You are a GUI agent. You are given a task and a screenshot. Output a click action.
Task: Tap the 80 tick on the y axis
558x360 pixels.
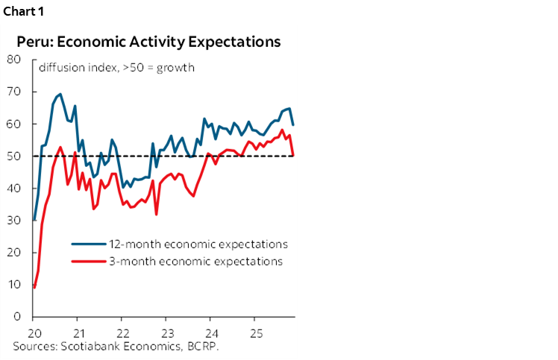[x=15, y=60]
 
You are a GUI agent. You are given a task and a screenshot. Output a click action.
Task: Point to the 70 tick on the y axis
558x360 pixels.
[x=15, y=92]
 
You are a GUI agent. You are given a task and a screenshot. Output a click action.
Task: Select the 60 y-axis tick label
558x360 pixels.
[x=15, y=124]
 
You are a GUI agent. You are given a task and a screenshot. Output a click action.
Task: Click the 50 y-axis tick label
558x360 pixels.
[x=15, y=156]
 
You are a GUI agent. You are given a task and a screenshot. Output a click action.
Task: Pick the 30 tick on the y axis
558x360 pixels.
[x=15, y=220]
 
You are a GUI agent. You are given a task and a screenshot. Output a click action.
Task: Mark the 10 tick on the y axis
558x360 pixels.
[x=15, y=284]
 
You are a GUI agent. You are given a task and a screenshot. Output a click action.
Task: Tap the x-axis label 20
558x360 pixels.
[x=34, y=332]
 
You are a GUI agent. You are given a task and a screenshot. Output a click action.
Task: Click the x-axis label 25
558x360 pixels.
[x=255, y=332]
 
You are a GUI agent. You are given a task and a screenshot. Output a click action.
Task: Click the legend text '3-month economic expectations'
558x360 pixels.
[x=193, y=262]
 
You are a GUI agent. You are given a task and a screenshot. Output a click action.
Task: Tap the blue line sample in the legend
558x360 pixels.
[x=87, y=244]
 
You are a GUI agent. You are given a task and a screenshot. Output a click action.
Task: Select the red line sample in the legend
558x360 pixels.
[x=87, y=262]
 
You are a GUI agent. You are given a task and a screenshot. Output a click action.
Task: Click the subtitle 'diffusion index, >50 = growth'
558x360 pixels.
[x=116, y=68]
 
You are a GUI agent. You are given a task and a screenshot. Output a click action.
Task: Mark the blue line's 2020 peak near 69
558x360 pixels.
[x=60, y=95]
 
